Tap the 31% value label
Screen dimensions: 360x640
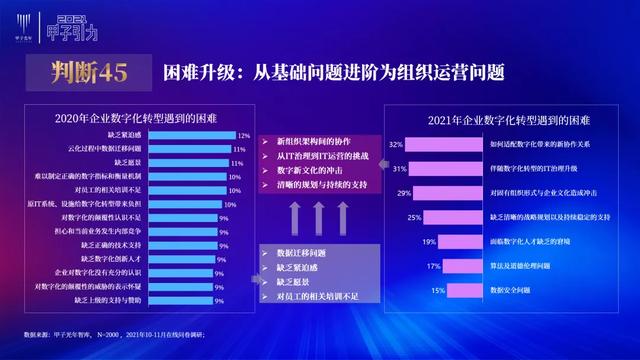397,168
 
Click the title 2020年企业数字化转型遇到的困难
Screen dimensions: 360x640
129,114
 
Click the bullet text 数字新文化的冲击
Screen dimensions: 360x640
311,171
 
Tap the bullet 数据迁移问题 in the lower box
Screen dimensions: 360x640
301,254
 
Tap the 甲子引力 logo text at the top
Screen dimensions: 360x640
90,32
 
